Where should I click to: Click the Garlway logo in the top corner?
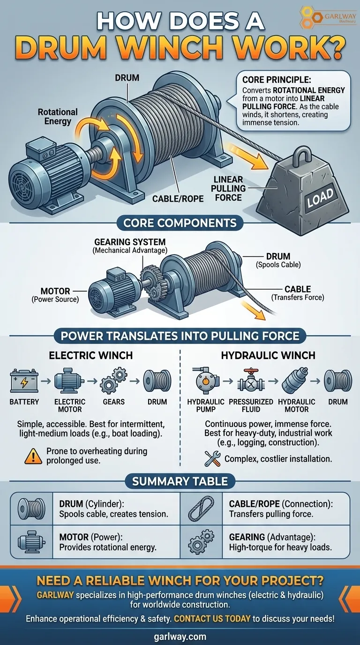(328, 17)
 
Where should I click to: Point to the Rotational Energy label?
(58, 116)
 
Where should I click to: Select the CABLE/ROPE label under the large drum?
(178, 199)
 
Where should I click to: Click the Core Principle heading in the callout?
(277, 80)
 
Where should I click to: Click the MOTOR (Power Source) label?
(55, 295)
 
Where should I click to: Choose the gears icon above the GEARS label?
(114, 380)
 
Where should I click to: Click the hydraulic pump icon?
(205, 380)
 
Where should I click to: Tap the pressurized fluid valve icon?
(251, 381)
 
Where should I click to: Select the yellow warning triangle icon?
(33, 457)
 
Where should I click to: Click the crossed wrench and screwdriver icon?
(212, 458)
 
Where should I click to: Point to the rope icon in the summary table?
(201, 509)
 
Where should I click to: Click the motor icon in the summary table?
(31, 543)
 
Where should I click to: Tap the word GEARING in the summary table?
(247, 537)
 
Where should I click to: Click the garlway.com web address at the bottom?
(180, 636)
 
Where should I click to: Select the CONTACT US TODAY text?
(212, 618)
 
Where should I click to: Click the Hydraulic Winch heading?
(268, 355)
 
